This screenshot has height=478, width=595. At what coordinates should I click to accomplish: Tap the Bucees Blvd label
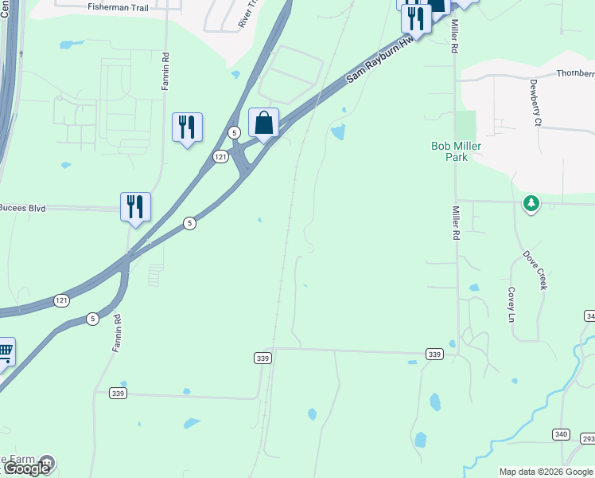point(23,208)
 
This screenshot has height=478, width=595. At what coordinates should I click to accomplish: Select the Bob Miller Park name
point(449,151)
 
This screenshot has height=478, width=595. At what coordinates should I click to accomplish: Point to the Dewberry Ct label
point(535,102)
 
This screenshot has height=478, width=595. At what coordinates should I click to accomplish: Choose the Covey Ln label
point(512,304)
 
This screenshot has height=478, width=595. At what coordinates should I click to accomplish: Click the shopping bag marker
point(263,123)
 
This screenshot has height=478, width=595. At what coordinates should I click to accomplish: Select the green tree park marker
point(531,204)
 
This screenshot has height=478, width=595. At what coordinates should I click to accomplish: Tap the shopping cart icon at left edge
point(4,351)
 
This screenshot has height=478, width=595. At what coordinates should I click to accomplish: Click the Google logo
point(25,468)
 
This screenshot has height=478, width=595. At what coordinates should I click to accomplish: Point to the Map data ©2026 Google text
point(545,472)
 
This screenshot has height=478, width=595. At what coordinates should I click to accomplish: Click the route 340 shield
point(562,433)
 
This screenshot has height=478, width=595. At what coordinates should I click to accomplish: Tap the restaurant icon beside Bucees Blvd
point(135,207)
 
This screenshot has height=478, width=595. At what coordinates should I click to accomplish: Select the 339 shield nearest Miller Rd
point(434,354)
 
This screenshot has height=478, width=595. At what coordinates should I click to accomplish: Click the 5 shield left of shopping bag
point(234,131)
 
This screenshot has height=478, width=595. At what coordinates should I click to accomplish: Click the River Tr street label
point(250,15)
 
